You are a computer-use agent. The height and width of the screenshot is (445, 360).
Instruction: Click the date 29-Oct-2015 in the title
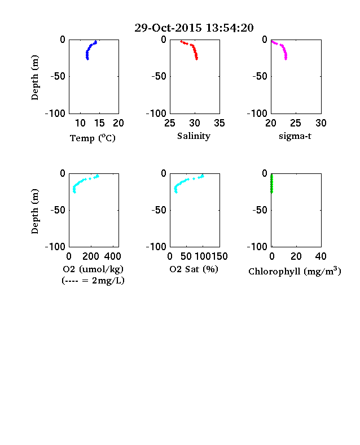pos(168,28)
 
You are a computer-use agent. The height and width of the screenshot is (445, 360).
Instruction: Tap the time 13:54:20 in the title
pos(230,28)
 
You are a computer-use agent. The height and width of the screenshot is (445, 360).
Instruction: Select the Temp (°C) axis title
pos(93,138)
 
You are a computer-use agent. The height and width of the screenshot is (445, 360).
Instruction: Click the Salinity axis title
pos(194,136)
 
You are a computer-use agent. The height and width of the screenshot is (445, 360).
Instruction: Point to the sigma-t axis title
pos(295,136)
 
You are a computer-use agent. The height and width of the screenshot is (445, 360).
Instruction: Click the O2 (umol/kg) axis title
pos(93,269)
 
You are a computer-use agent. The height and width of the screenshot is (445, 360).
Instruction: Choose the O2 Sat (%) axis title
pos(194,269)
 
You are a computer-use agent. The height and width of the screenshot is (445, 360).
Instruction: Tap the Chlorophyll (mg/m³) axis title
pos(295,271)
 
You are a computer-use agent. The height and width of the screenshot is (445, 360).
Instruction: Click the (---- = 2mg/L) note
pos(93,281)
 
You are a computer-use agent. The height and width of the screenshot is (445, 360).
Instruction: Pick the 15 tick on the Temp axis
pos(99,123)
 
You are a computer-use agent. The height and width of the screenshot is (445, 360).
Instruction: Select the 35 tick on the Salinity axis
pos(219,123)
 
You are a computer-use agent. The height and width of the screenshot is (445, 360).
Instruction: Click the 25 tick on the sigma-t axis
pos(296,123)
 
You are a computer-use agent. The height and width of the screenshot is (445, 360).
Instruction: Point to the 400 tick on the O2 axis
pos(112,256)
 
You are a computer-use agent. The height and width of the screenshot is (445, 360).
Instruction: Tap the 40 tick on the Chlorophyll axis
pos(321,256)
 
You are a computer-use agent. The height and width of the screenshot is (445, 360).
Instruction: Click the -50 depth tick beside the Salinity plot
pos(159,76)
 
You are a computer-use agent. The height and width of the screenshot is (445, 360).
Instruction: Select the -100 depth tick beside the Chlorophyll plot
pos(257,247)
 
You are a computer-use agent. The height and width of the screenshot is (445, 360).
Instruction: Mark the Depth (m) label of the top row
pos(34,77)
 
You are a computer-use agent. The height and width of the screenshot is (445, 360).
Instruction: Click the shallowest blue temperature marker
pos(96,42)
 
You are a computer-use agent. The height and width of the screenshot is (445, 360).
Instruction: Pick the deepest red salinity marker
pos(196,59)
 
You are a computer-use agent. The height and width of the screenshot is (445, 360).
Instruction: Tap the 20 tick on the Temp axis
pos(118,123)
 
